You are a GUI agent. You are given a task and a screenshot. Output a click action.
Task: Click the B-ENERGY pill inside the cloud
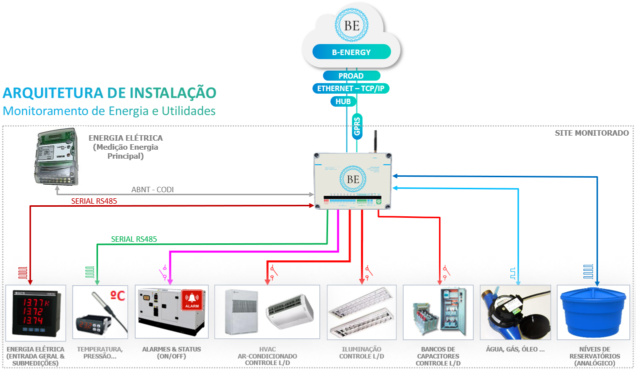[351, 52]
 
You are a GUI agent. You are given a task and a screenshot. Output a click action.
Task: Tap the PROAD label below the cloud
[351, 76]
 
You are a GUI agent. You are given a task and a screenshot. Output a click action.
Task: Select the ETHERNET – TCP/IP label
[351, 89]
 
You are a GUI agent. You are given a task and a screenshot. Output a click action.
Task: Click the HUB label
[343, 102]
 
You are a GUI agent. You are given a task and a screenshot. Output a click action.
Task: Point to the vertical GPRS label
[356, 126]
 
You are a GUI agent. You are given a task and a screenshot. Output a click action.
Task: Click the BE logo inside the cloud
[351, 26]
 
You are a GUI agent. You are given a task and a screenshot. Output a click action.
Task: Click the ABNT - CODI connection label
[152, 190]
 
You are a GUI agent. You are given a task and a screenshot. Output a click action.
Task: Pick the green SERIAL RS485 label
[134, 239]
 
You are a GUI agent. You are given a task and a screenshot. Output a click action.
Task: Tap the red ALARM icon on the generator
[192, 299]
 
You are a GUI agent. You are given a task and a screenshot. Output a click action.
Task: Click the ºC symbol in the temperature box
[117, 296]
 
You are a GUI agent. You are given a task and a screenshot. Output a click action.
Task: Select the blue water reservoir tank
[593, 313]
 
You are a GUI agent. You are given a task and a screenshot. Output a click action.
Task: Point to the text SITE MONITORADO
[591, 133]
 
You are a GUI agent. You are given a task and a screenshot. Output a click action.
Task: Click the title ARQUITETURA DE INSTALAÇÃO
[109, 93]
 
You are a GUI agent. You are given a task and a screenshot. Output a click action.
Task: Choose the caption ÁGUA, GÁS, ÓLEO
[515, 349]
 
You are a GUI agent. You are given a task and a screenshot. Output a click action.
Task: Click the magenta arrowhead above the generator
[170, 282]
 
